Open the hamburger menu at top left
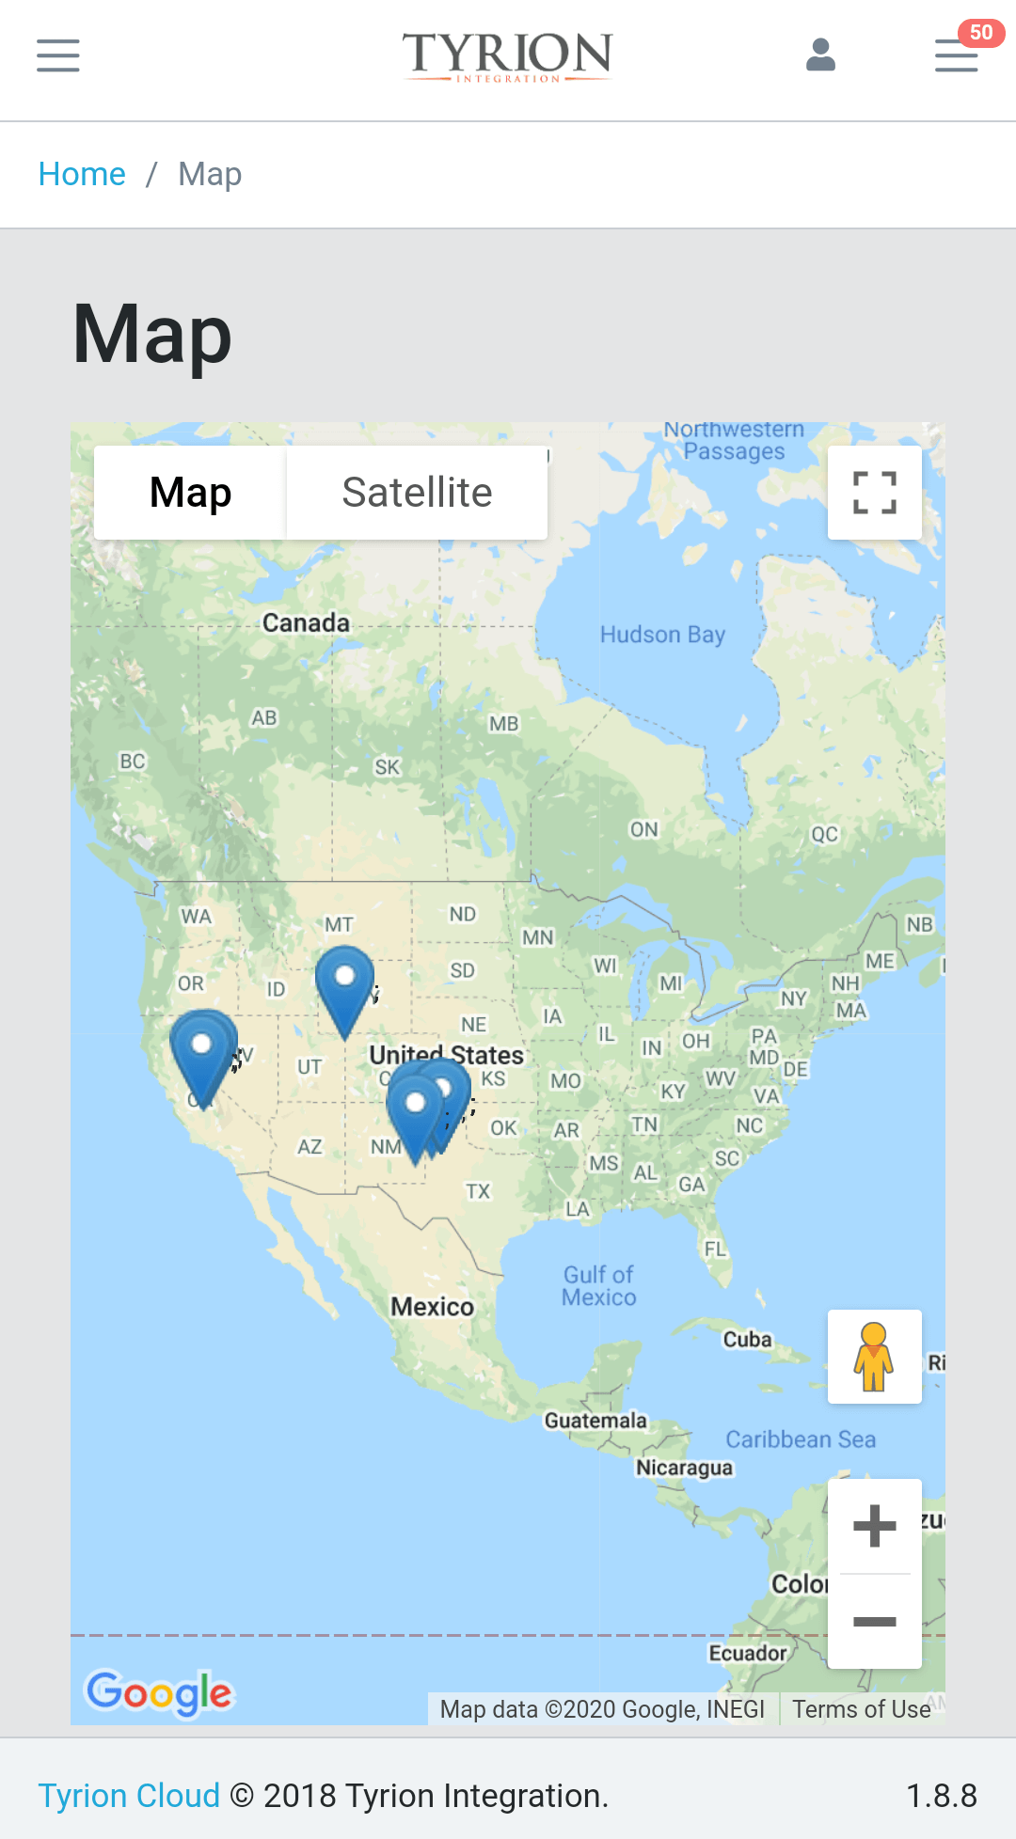coord(58,55)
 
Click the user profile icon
coord(820,55)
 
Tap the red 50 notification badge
coord(980,33)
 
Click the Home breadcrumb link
coord(82,174)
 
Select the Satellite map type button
coord(417,493)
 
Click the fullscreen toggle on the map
coord(874,493)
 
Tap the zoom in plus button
coord(874,1525)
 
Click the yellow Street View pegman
coord(874,1356)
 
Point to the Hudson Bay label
coord(662,635)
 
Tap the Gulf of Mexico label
coord(599,1286)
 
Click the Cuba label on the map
coord(747,1339)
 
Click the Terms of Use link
coord(861,1709)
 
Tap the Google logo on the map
coord(159,1692)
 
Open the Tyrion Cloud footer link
coord(129,1796)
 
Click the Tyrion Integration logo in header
coord(508,55)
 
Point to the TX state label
coord(478,1191)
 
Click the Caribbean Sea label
coord(801,1439)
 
